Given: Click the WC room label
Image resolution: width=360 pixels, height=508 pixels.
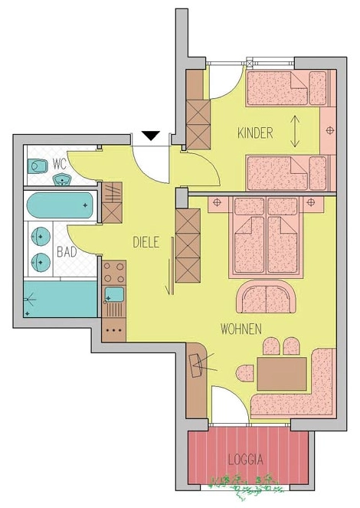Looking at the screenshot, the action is coord(60,165).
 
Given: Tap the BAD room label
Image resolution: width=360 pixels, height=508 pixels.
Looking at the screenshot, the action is coord(67,252).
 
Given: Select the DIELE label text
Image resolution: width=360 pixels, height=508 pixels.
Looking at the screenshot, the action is coord(146,242).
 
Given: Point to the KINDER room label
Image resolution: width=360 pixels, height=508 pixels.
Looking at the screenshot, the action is coord(255,133).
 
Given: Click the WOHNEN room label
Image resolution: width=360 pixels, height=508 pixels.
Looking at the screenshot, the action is coord(241,329).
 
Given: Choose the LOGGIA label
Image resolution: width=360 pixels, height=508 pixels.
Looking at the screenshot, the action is coord(245,460).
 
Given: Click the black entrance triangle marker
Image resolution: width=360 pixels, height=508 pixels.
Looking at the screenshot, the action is coord(151,136).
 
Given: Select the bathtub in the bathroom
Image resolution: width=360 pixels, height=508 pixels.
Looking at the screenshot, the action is coord(60,205).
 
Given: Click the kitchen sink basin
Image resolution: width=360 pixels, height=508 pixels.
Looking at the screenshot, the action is coord(114,294).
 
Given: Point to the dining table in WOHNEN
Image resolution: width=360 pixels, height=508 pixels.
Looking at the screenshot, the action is coord(282,374).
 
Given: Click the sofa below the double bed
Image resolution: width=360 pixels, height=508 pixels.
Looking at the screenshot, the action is coord(266,297).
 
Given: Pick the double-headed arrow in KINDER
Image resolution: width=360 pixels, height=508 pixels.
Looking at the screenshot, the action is coord(295,131).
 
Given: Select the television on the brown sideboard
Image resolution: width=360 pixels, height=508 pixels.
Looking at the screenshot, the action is coord(195,365).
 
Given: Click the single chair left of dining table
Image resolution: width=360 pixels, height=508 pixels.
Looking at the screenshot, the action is coord(245,374).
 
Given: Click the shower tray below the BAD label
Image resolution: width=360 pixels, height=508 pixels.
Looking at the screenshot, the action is coord(61,299).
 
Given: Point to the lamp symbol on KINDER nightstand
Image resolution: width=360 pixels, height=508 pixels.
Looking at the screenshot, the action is coord(330,130).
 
